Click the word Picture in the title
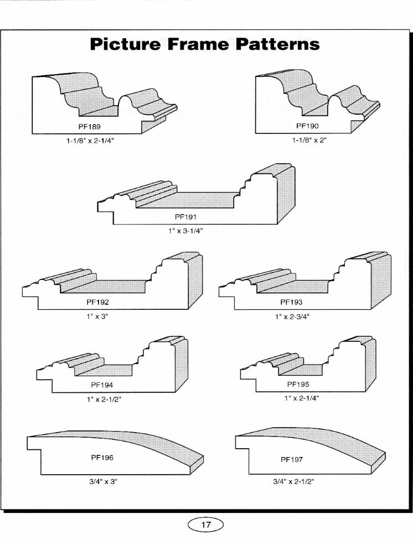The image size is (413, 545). click(126, 45)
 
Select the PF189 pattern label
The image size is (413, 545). click(89, 127)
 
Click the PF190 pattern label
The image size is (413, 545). click(307, 126)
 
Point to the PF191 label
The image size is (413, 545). click(185, 217)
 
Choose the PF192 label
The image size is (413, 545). click(97, 303)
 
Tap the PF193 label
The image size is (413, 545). click(291, 303)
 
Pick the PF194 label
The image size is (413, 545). click(102, 385)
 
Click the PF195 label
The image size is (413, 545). click(298, 385)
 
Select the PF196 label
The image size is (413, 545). click(102, 458)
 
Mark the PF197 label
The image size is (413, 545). click(292, 460)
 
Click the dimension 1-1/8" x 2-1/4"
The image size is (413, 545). click(90, 141)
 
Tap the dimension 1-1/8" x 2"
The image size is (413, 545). click(309, 141)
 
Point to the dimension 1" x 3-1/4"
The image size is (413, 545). click(185, 231)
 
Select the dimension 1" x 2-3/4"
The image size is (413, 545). click(292, 316)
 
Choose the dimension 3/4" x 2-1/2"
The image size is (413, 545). click(293, 482)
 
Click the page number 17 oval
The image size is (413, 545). click(206, 525)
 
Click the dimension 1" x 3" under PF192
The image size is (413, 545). click(97, 316)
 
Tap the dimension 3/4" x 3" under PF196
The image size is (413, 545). click(103, 482)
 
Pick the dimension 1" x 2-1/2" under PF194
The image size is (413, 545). click(104, 399)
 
